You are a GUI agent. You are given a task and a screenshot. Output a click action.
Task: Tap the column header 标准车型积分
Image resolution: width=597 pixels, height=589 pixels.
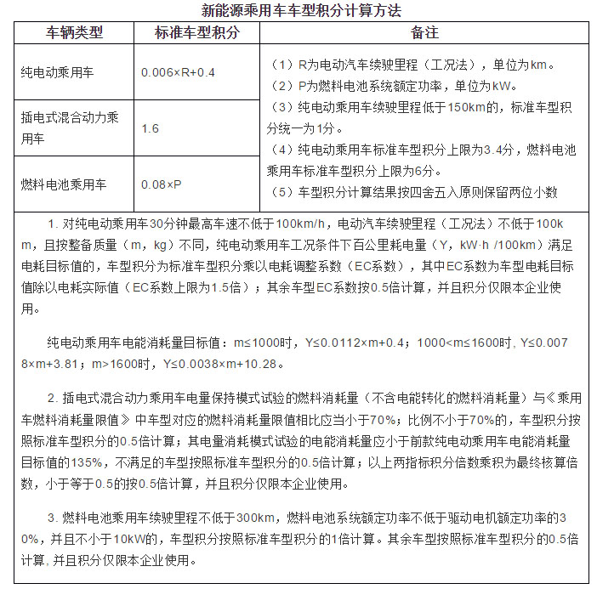coord(196,33)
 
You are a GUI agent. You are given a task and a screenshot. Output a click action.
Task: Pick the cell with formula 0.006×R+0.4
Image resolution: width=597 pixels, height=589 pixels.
coord(179,72)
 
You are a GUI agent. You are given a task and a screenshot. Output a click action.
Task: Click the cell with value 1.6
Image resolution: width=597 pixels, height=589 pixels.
coord(151,128)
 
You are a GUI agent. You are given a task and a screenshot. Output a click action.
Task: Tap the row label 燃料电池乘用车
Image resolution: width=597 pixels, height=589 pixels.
coord(63,184)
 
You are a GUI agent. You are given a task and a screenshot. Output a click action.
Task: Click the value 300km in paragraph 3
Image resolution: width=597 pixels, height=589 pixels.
coord(253,518)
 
